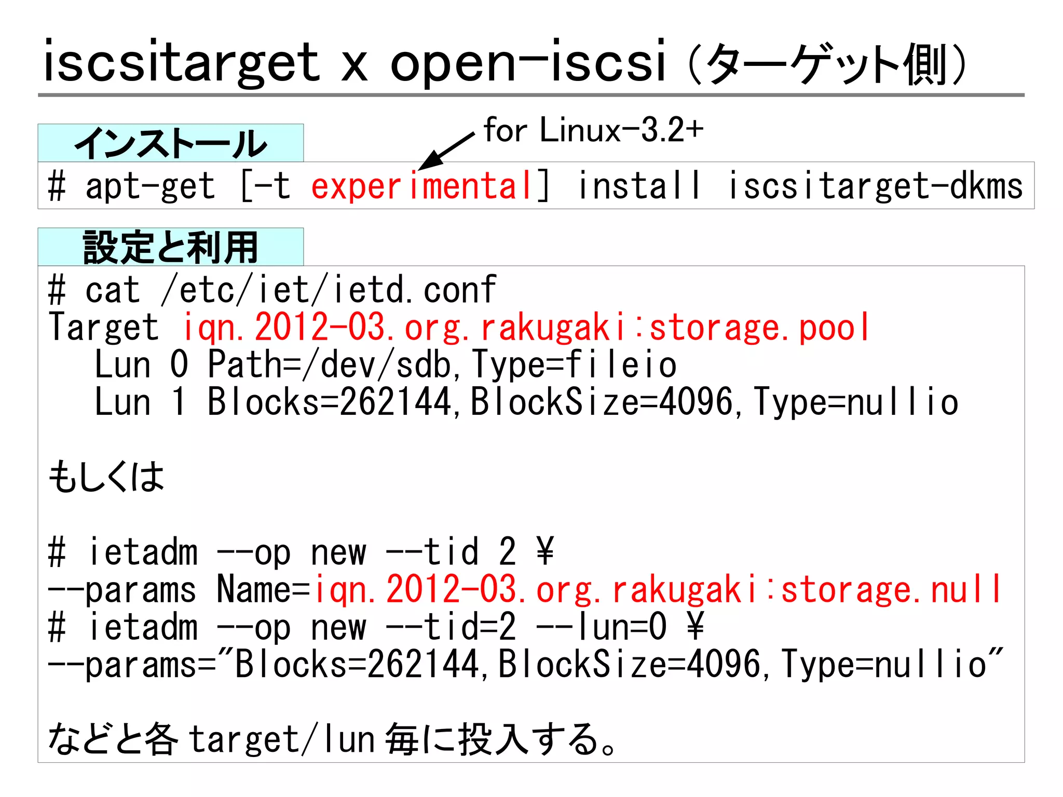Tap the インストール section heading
coord(170,143)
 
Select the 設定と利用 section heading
coord(170,247)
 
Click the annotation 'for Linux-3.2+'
coord(593,130)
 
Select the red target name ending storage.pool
coord(526,328)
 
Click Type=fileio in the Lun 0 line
coord(574,364)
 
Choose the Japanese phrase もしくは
coord(106,477)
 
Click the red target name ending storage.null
coord(658,590)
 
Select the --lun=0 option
coord(601,627)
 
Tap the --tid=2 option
coord(451,627)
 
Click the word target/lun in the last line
coord(281,739)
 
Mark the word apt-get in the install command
coord(150,186)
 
